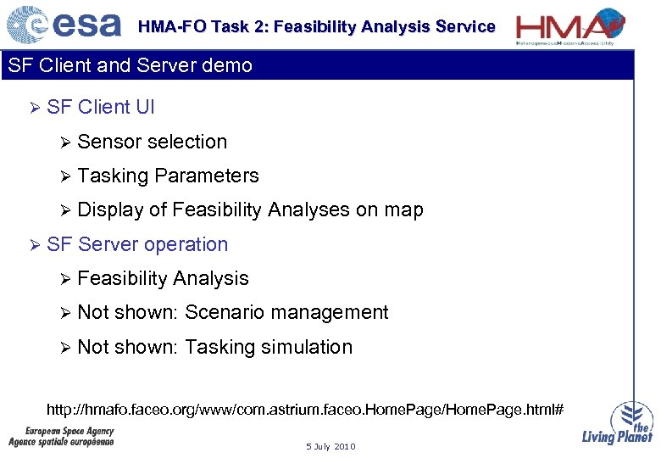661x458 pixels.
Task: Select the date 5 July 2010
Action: pos(330,447)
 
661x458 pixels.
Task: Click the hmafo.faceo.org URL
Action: pos(304,411)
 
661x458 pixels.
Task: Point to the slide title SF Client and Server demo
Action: pos(130,66)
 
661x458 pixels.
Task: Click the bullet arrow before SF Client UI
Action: pos(35,108)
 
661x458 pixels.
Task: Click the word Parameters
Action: pos(207,176)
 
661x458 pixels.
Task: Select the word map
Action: pos(403,210)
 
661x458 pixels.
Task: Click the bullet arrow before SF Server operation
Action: pos(35,245)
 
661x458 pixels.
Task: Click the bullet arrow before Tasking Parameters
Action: pos(65,176)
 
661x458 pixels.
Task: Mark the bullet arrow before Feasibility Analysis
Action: pos(65,279)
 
